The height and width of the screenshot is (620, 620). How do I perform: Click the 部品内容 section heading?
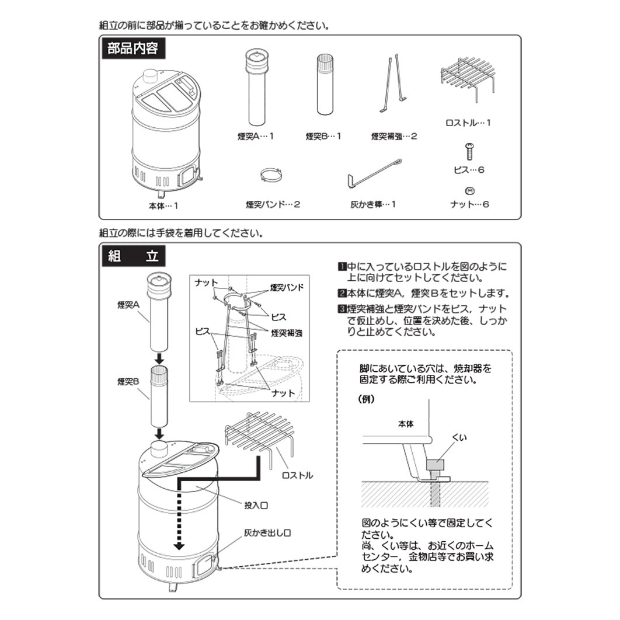pos(133,48)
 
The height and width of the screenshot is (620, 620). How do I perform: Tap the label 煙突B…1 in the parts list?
pos(323,136)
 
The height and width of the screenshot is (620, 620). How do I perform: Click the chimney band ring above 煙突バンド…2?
pos(273,174)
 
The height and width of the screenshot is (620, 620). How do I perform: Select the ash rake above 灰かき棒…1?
pos(373,174)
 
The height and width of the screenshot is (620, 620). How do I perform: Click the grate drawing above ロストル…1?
pos(468,75)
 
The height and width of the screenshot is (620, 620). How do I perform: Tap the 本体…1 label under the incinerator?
pos(163,205)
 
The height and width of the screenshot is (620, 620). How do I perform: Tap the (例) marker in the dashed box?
pos(366,400)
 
